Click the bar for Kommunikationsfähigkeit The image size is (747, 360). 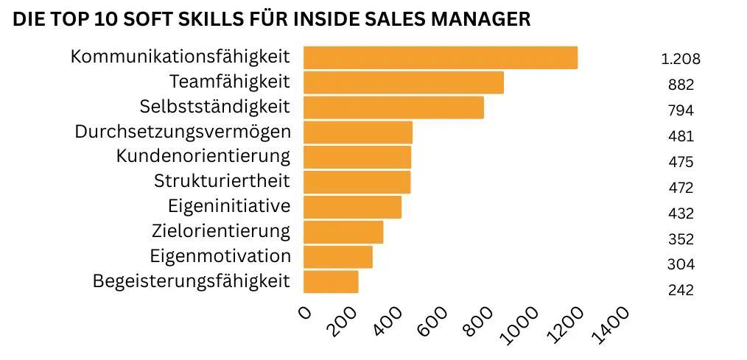(440, 57)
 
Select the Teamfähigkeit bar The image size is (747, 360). (403, 82)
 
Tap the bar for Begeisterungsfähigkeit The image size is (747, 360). (331, 282)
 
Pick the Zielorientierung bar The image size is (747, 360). (343, 232)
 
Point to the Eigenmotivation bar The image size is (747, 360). (337, 257)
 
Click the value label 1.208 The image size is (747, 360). (680, 60)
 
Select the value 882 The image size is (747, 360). (681, 85)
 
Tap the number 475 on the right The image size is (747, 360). (681, 162)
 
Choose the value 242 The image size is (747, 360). (681, 290)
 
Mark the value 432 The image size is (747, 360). (681, 213)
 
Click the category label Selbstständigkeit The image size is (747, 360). (214, 107)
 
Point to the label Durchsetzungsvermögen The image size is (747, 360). (183, 132)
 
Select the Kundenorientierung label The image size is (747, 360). (203, 156)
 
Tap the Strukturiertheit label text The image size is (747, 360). (222, 181)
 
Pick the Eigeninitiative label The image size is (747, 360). (228, 206)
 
